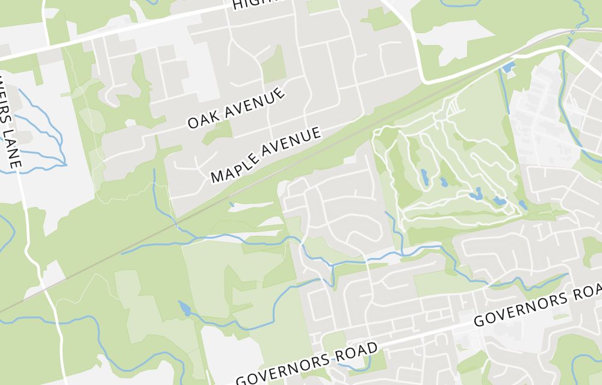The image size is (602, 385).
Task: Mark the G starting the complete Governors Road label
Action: click(242, 379)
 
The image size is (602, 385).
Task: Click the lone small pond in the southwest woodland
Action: click(185, 309)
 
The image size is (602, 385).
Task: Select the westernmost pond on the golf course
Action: click(424, 176)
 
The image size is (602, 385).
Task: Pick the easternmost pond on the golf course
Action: click(521, 205)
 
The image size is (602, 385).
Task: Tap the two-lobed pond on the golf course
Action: click(478, 193)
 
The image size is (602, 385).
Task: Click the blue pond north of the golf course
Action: click(509, 66)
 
